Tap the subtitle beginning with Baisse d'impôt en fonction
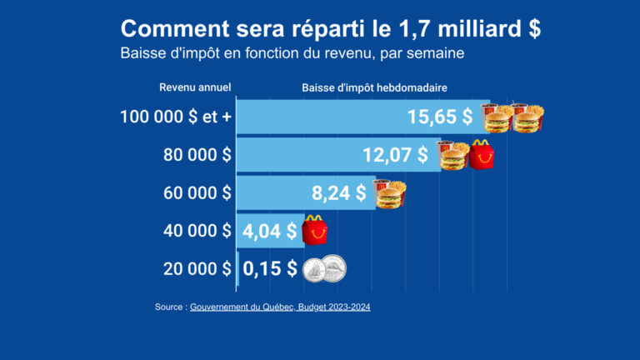[292, 53]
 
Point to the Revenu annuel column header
[195, 87]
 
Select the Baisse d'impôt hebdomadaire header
[375, 87]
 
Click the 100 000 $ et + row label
[176, 117]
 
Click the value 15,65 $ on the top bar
[440, 117]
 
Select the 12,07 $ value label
[395, 155]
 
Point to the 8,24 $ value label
[338, 192]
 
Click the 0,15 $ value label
[269, 268]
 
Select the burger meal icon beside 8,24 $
[388, 193]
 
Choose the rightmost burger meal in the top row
[527, 117]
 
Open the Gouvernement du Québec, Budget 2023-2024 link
[280, 307]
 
